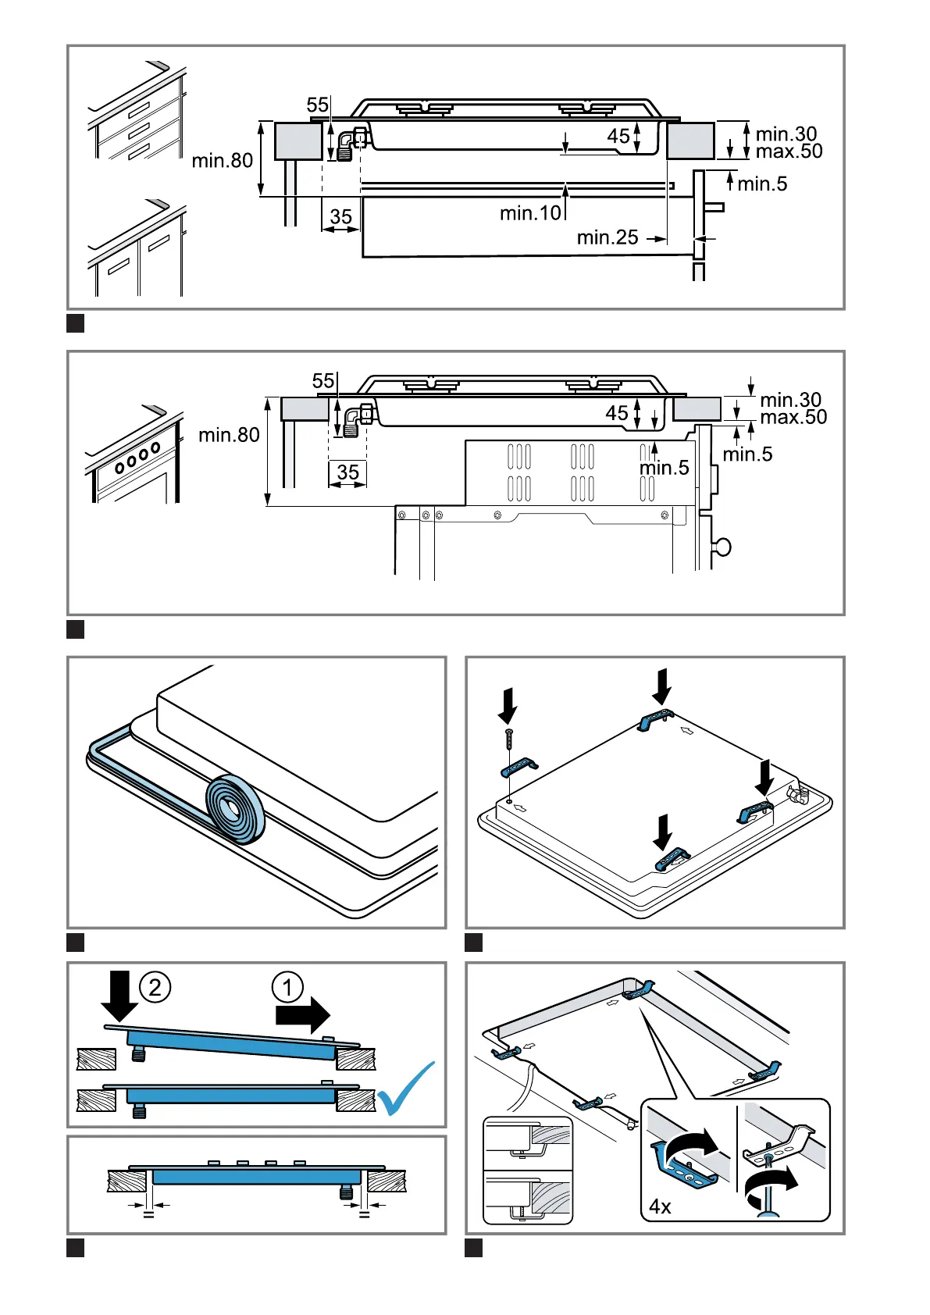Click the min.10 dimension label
[x=530, y=212]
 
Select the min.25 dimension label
[x=608, y=237]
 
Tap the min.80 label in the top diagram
[x=223, y=161]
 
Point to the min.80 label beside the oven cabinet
[x=229, y=435]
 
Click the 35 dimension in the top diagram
[x=341, y=216]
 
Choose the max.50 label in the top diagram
[x=789, y=151]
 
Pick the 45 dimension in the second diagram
[x=617, y=412]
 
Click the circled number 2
[x=155, y=987]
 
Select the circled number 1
[x=287, y=987]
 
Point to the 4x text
[x=660, y=1206]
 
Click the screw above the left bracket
[x=509, y=737]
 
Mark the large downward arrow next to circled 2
[x=119, y=993]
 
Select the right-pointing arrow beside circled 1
[x=303, y=1014]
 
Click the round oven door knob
[x=723, y=547]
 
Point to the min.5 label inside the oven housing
[x=664, y=468]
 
